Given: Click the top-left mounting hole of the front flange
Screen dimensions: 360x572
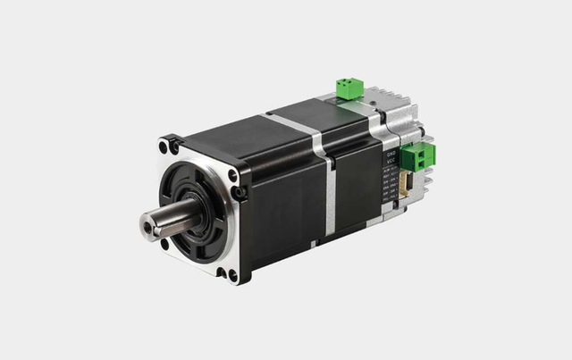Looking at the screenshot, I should [x=164, y=147].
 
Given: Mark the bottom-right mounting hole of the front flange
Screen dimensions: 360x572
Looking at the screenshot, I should [x=233, y=274].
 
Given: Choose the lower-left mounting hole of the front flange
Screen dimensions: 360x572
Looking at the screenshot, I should [x=164, y=242].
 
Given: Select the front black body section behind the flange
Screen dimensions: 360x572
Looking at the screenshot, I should [x=277, y=192].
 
